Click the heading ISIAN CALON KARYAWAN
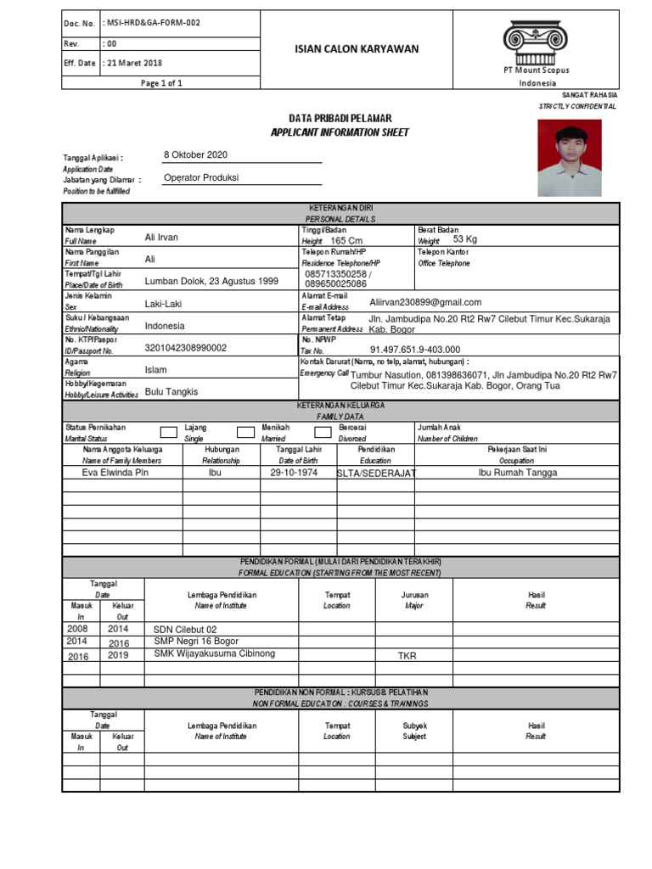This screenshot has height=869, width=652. click(351, 49)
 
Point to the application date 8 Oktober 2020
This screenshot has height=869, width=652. click(195, 154)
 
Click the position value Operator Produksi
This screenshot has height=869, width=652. click(201, 177)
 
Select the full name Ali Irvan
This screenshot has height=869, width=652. click(162, 237)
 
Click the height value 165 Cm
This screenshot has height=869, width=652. click(346, 241)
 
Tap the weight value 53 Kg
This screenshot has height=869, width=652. click(466, 240)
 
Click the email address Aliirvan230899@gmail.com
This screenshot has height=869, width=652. click(425, 302)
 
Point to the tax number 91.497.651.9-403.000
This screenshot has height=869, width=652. click(415, 349)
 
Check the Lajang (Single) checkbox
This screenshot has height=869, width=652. click(169, 433)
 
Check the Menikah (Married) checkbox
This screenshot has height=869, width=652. click(245, 433)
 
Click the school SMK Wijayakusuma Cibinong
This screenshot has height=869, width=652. click(215, 653)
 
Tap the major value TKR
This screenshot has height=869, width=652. click(408, 656)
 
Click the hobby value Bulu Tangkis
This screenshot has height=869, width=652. click(171, 391)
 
